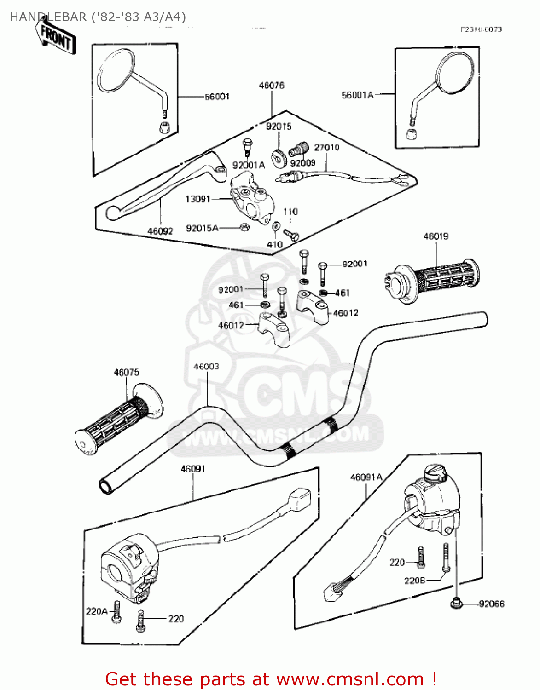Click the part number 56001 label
click(217, 97)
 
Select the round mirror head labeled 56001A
click(454, 71)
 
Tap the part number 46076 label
click(272, 85)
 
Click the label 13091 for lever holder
click(197, 199)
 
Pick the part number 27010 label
click(326, 147)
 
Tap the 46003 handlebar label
click(206, 367)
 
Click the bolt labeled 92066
click(456, 603)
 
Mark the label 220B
click(414, 581)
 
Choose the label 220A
click(97, 611)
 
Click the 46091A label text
click(366, 477)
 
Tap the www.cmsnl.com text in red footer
click(350, 679)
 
